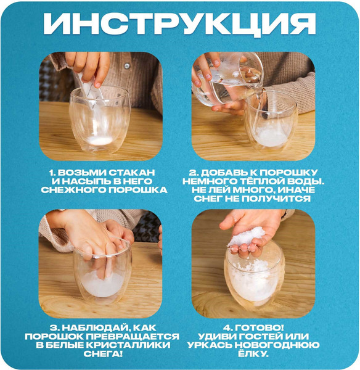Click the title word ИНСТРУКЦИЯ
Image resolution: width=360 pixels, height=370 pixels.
click(179, 24)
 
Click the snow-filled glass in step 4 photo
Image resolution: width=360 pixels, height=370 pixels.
click(254, 281)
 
